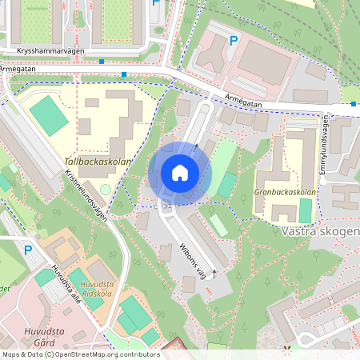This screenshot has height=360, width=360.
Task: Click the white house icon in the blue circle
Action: point(180,173)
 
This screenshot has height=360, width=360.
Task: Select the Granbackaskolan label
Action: point(285,192)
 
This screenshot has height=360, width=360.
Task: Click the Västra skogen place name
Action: point(320,230)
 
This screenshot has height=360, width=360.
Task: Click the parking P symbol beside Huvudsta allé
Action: point(28,250)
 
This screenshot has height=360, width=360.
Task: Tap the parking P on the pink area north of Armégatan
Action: point(234,40)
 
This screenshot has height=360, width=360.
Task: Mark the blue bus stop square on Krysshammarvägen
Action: point(102,61)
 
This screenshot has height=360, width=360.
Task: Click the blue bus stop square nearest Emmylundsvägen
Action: point(354,103)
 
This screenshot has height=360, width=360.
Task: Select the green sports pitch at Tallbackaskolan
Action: point(50,114)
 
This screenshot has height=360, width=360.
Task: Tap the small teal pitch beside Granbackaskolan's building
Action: point(305,211)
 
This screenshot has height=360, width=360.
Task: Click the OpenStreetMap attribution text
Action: point(80,354)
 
